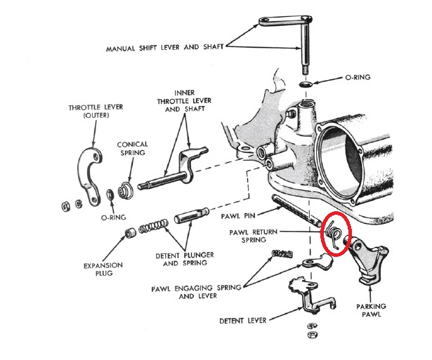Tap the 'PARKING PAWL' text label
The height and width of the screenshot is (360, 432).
coord(372,311)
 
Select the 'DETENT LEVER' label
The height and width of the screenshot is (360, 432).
coord(242,320)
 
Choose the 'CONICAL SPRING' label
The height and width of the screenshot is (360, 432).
coord(133,149)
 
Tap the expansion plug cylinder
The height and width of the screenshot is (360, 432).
coord(131,232)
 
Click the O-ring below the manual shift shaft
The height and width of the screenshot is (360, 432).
coord(307,84)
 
